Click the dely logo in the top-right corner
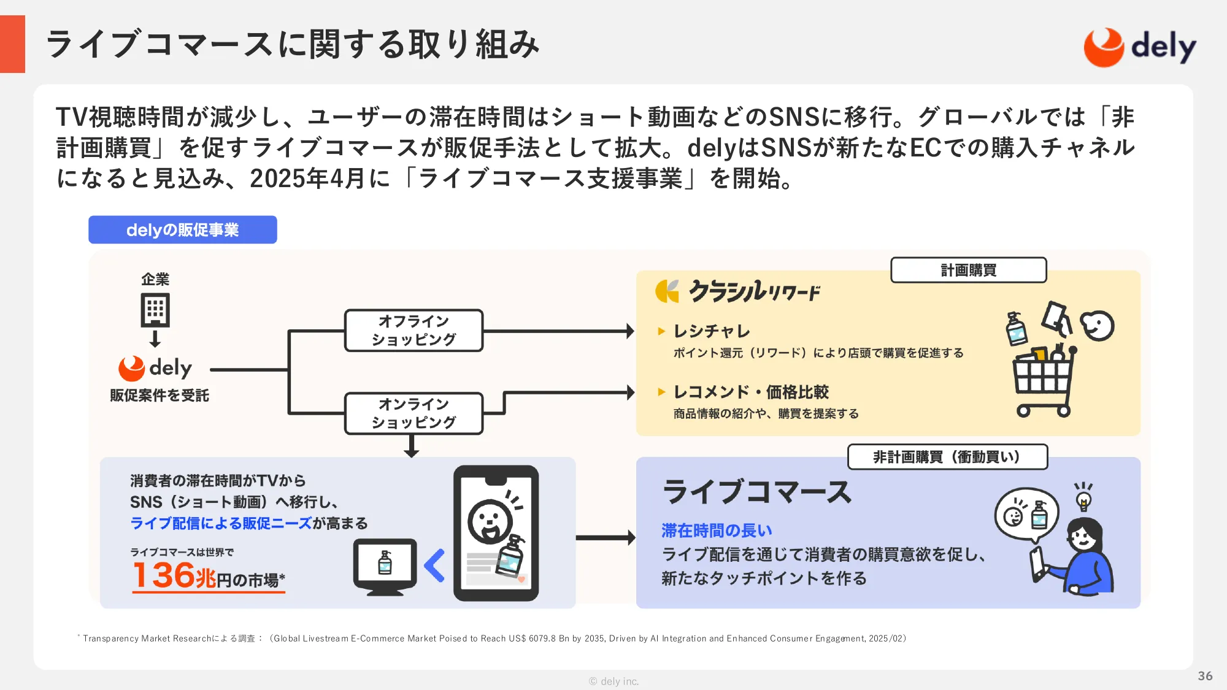[1140, 47]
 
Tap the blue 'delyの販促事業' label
[183, 230]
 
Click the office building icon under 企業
[155, 310]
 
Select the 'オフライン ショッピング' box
[414, 331]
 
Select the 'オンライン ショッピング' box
[414, 413]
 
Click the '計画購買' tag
[968, 270]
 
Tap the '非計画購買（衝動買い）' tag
[947, 457]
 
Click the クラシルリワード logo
[738, 291]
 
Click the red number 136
[164, 575]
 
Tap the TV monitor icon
[385, 566]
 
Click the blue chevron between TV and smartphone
[434, 565]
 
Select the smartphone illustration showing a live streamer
[496, 533]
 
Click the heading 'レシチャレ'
[712, 331]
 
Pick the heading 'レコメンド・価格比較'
[751, 392]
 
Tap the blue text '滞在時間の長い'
[717, 531]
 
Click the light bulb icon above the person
[1083, 496]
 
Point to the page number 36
[1205, 676]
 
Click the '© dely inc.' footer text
[613, 681]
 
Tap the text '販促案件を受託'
[160, 396]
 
